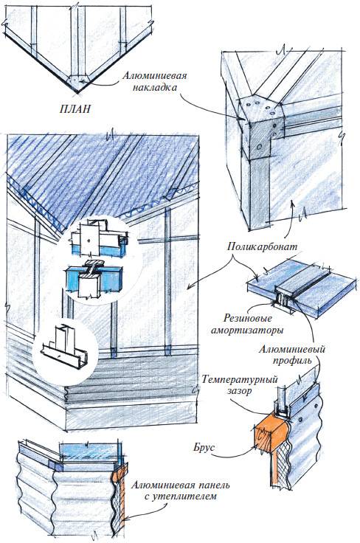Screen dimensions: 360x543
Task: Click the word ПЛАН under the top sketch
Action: pyautogui.click(x=75, y=108)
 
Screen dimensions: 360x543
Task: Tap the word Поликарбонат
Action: pyautogui.click(x=263, y=247)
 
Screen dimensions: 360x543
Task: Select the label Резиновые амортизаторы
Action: pyautogui.click(x=247, y=324)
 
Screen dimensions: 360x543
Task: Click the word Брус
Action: pyautogui.click(x=204, y=447)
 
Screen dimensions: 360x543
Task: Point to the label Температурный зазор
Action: pyautogui.click(x=240, y=384)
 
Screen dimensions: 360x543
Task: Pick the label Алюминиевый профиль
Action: pyautogui.click(x=292, y=355)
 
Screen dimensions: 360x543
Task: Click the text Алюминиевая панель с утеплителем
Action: pyautogui.click(x=180, y=491)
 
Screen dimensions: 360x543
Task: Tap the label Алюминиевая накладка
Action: pyautogui.click(x=154, y=81)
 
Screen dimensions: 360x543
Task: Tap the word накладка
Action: pyautogui.click(x=154, y=87)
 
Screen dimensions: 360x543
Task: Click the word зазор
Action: pyautogui.click(x=240, y=391)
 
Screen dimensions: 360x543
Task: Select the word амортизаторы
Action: pyautogui.click(x=247, y=331)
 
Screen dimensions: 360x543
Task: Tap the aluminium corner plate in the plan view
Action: pyautogui.click(x=80, y=80)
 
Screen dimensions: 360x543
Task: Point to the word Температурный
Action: pyautogui.click(x=240, y=379)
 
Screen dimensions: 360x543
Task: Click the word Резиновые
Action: pyautogui.click(x=248, y=318)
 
